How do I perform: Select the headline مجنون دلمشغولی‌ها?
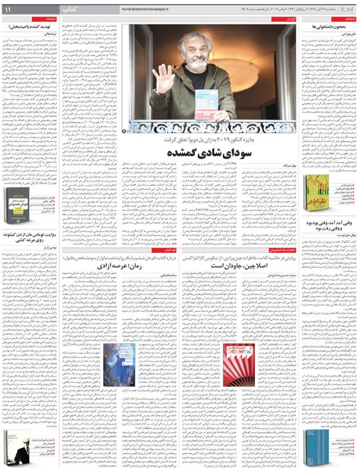pos(329,27)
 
